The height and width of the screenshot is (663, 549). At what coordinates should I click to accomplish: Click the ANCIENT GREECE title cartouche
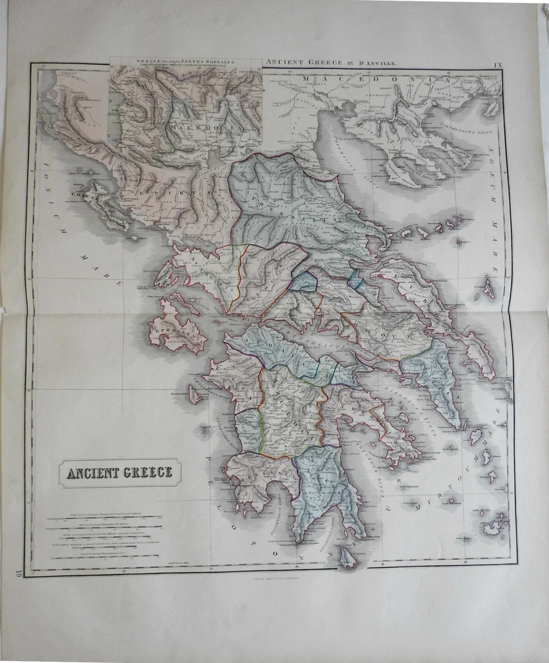119,472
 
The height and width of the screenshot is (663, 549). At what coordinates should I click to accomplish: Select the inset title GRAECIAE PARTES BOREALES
185,62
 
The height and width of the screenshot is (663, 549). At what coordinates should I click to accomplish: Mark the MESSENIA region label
262,475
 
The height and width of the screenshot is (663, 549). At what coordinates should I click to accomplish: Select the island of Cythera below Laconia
347,557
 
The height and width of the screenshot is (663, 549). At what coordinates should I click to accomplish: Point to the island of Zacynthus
194,394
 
